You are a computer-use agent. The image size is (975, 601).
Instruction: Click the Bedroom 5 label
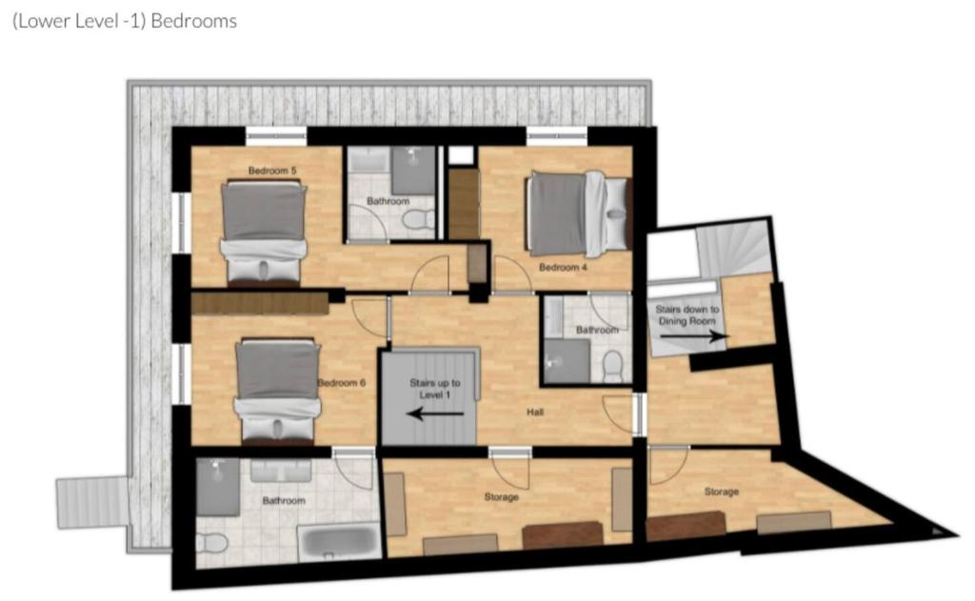point(272,170)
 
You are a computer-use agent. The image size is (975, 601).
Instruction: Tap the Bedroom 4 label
point(563,268)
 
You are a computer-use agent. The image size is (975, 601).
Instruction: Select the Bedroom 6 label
point(342,383)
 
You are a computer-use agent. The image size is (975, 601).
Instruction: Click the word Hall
point(535,411)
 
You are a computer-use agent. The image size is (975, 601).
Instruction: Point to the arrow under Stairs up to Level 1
point(435,413)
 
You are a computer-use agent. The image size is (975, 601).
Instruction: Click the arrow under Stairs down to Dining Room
point(694,336)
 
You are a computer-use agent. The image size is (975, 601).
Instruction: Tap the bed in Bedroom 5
point(264,232)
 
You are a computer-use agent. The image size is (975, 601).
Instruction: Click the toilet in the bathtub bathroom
point(212,543)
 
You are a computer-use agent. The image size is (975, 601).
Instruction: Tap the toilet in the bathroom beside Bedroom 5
point(419,219)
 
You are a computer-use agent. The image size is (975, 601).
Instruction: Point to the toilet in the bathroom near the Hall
point(612,367)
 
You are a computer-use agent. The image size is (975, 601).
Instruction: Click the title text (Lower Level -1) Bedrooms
point(125,21)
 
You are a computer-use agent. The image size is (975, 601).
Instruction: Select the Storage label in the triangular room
point(722,491)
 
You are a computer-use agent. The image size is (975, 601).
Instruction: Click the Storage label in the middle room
point(501,497)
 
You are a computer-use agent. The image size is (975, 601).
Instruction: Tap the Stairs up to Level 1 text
point(434,389)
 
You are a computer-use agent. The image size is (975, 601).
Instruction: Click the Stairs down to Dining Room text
point(687,315)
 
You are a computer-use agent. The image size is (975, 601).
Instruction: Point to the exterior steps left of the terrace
point(92,502)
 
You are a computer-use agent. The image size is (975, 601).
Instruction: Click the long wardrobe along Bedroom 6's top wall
point(260,304)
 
